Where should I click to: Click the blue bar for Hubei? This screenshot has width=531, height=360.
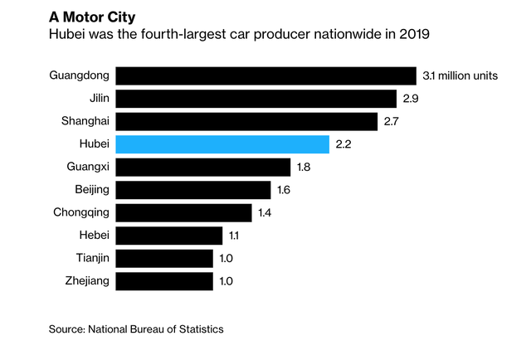(x=222, y=144)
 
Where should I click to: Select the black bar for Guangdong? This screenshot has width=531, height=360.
(x=265, y=75)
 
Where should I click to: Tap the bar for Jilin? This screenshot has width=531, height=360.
(x=256, y=99)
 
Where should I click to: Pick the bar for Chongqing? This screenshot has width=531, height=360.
(x=183, y=212)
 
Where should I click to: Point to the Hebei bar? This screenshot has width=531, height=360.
(x=168, y=236)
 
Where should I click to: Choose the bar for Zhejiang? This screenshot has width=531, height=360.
(x=164, y=281)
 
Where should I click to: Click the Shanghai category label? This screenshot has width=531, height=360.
(x=85, y=121)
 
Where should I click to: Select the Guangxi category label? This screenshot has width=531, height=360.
(x=88, y=167)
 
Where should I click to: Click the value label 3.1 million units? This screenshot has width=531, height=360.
(x=460, y=76)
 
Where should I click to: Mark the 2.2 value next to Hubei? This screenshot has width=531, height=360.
(x=344, y=144)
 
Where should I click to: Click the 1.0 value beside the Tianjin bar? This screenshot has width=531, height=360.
(x=227, y=258)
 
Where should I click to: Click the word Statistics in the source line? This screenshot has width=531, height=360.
(x=197, y=329)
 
